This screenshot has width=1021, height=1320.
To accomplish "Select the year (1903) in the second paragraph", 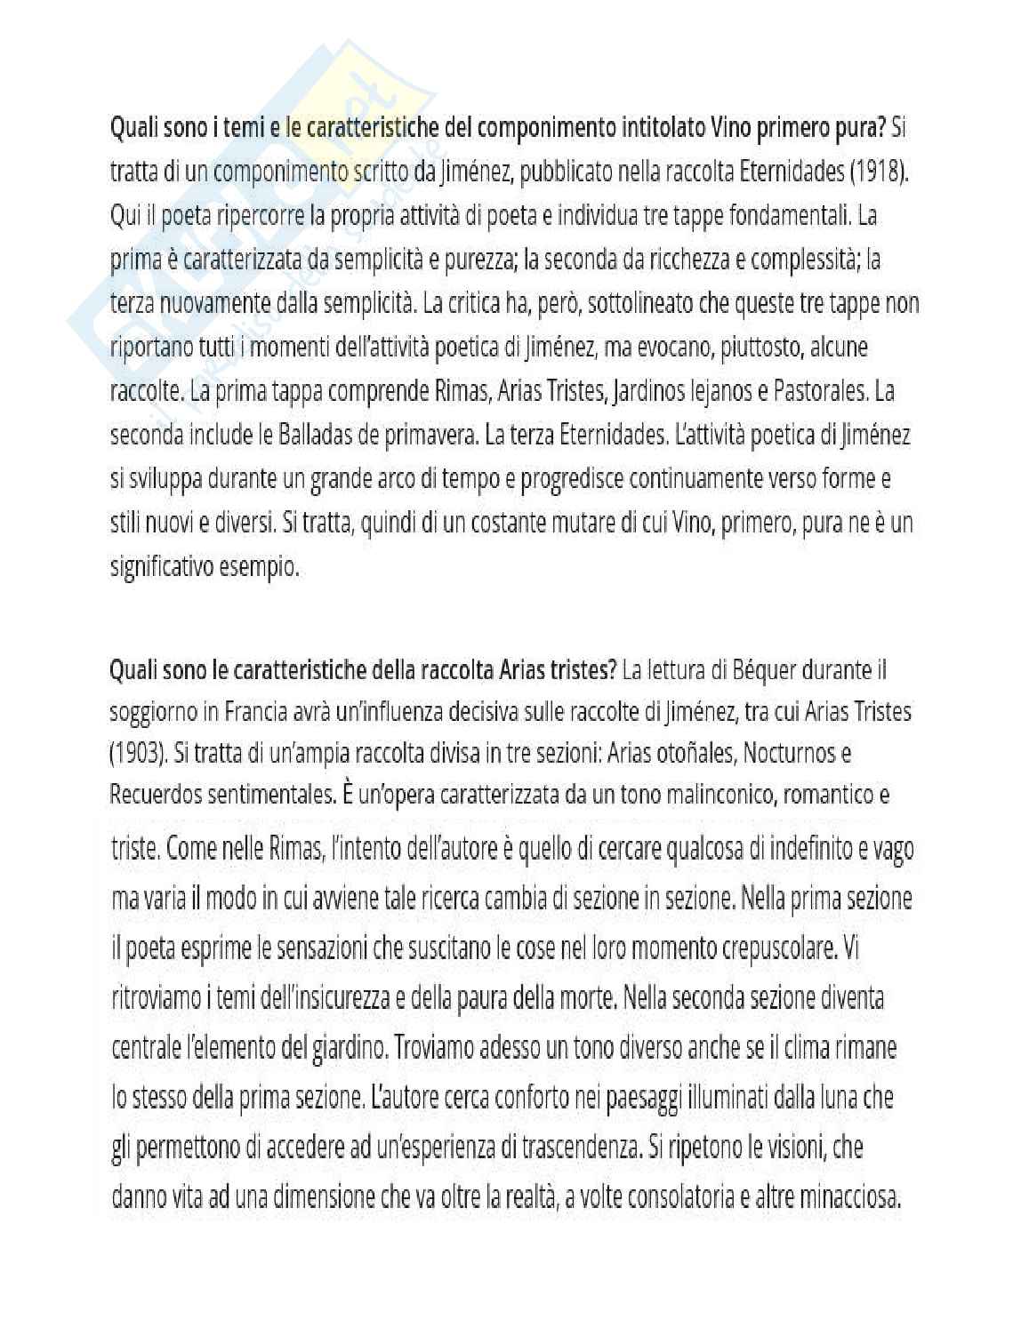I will (138, 753).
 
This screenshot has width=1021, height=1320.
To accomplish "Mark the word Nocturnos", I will (788, 753).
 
